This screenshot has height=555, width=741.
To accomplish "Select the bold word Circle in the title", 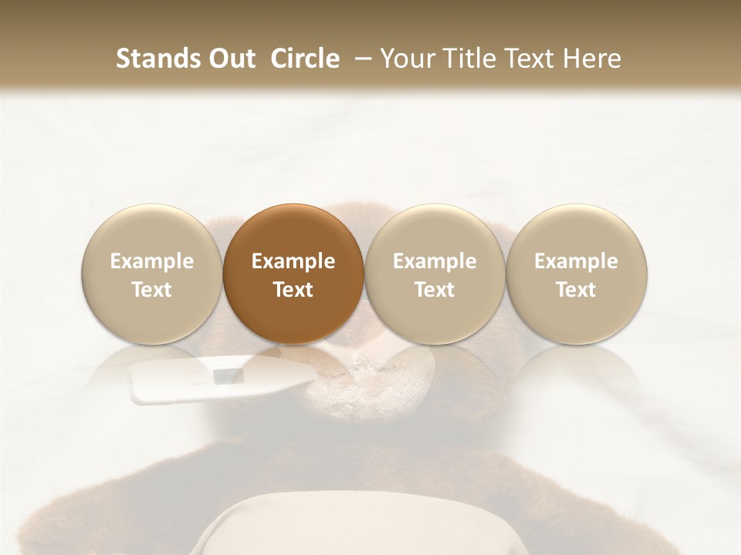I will click(303, 59).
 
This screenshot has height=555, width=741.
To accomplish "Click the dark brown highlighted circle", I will click(293, 273).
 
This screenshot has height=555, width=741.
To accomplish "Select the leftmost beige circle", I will click(152, 273).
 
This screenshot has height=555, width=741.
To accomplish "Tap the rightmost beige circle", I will click(576, 273).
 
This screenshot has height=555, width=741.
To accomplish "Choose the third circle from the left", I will click(435, 273).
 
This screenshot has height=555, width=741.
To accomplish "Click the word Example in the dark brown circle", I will click(293, 261).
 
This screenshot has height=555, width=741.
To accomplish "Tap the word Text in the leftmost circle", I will click(152, 290).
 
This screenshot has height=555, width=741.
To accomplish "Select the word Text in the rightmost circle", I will click(576, 290).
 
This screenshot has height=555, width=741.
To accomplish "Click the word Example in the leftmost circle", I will click(152, 261).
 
